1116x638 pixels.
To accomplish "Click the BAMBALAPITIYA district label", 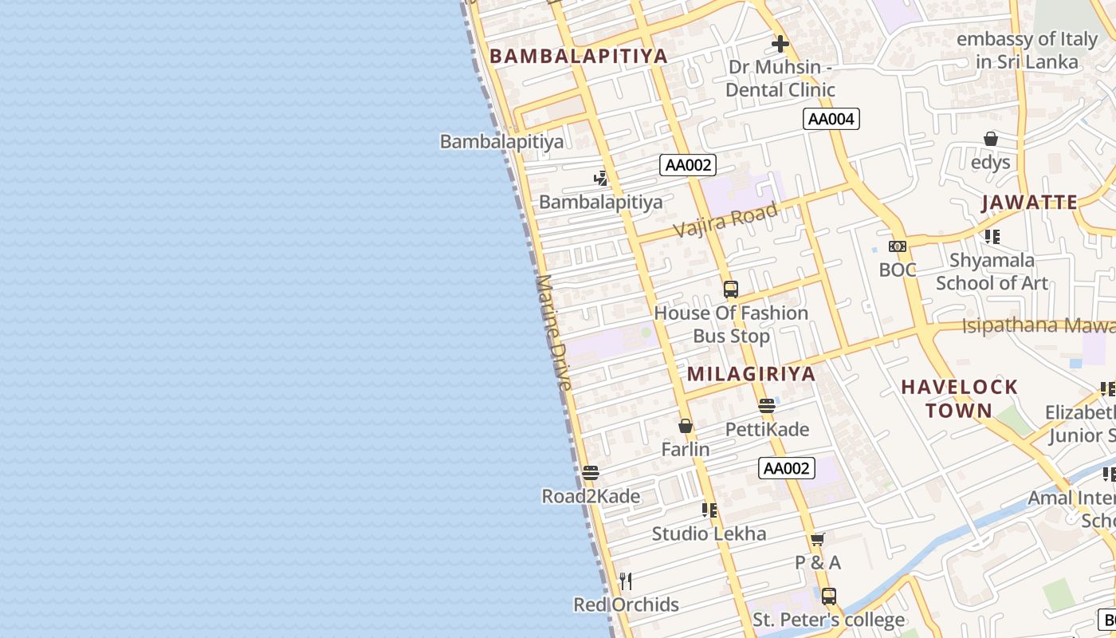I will pyautogui.click(x=578, y=56).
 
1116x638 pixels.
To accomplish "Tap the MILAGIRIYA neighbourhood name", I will pyautogui.click(x=751, y=374).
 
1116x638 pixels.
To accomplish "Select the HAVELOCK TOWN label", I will pyautogui.click(x=959, y=399).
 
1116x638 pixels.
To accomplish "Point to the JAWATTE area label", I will pyautogui.click(x=1029, y=202).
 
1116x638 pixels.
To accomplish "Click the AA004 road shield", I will pyautogui.click(x=831, y=120).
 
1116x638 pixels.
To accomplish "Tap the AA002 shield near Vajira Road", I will pyautogui.click(x=688, y=165).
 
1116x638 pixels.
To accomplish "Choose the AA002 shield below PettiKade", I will pyautogui.click(x=787, y=468).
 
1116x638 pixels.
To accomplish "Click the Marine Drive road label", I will pyautogui.click(x=554, y=333).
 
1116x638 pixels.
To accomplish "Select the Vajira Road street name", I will pyautogui.click(x=725, y=219).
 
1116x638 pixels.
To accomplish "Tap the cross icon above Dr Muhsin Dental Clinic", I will pyautogui.click(x=780, y=44).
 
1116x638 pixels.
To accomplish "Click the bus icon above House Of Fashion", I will pyautogui.click(x=731, y=289).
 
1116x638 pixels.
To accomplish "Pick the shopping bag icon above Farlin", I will pyautogui.click(x=685, y=426).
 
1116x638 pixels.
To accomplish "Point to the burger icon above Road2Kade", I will pyautogui.click(x=591, y=473).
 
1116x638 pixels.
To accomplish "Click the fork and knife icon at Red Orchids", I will pyautogui.click(x=626, y=581).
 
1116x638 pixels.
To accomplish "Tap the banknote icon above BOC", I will pyautogui.click(x=898, y=246).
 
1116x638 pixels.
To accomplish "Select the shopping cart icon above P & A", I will pyautogui.click(x=817, y=539).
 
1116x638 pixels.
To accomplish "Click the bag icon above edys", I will pyautogui.click(x=991, y=139).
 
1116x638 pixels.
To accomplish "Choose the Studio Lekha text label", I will pyautogui.click(x=709, y=534).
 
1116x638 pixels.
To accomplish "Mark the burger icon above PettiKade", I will pyautogui.click(x=767, y=406).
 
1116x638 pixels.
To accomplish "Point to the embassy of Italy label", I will pyautogui.click(x=1027, y=49).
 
